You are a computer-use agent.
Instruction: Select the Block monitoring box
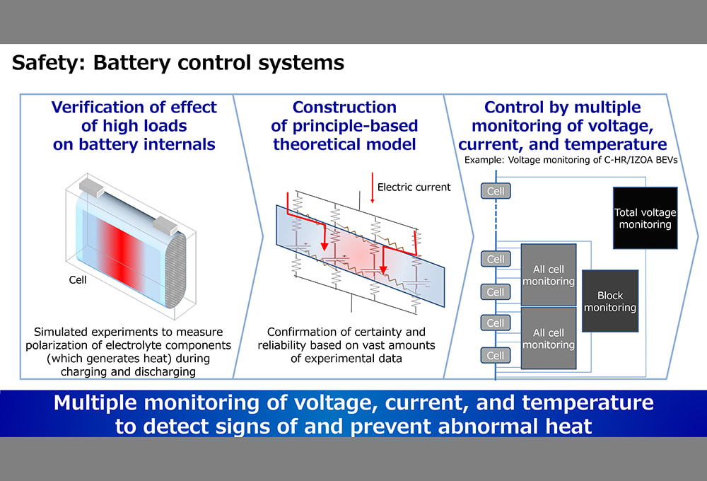(x=609, y=301)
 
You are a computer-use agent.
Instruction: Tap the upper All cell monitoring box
(x=548, y=275)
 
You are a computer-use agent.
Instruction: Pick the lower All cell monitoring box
(x=548, y=338)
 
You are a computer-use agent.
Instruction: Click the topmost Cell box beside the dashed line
(x=496, y=191)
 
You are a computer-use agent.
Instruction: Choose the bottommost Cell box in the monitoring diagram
(x=496, y=355)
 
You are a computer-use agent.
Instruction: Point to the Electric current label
(x=414, y=187)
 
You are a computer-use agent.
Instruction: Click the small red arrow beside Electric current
(x=372, y=188)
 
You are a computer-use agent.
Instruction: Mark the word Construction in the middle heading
(x=344, y=108)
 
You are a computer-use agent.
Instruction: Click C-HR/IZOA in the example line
(x=620, y=161)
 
